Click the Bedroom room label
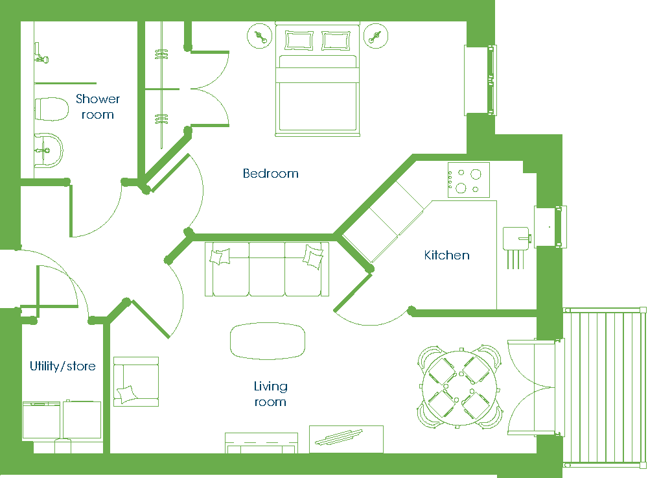(271, 173)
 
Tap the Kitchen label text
(446, 255)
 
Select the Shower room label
(98, 106)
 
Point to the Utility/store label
(63, 366)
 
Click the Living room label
(270, 394)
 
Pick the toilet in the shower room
(51, 109)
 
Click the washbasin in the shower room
(48, 150)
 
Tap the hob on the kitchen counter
(469, 180)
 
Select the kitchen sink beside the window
(516, 239)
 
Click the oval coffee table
(268, 341)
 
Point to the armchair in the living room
(136, 381)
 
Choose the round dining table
(459, 387)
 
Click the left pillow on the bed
(299, 40)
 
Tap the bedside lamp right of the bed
(376, 36)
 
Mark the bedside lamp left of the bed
(260, 36)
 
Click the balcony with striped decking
(605, 387)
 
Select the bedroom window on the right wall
(480, 80)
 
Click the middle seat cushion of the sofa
(267, 269)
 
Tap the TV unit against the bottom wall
(261, 443)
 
